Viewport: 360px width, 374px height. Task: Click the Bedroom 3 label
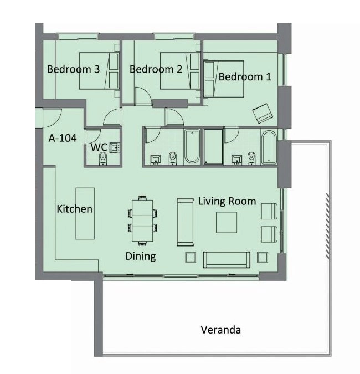click(73, 69)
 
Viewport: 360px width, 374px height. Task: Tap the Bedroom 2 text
click(156, 69)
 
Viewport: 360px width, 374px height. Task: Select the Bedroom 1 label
click(245, 77)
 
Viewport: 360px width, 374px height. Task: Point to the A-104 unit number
click(63, 138)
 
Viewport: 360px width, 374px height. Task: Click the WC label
click(99, 147)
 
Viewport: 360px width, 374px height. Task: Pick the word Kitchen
click(74, 209)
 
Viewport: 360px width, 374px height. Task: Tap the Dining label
click(141, 257)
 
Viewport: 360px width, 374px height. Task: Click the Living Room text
click(227, 201)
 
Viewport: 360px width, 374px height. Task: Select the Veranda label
click(220, 330)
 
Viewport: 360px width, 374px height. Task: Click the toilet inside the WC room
click(103, 158)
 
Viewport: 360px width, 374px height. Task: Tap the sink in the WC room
click(115, 147)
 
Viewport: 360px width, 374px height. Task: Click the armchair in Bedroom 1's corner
click(263, 114)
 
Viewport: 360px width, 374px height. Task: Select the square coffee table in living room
click(227, 222)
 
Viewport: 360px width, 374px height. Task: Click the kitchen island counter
click(85, 213)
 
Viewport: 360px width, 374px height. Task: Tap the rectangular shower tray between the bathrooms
click(213, 147)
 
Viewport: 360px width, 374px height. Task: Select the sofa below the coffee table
click(227, 260)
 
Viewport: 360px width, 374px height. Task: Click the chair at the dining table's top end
click(142, 198)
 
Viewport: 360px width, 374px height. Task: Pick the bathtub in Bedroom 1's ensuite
click(269, 147)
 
